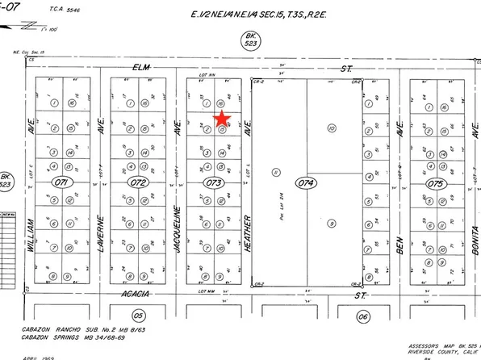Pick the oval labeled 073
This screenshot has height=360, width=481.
pyautogui.click(x=213, y=183)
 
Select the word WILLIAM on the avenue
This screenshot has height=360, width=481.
pyautogui.click(x=32, y=238)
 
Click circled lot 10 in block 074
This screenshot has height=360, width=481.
pyautogui.click(x=331, y=128)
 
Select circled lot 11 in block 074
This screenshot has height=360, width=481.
pyautogui.click(x=277, y=172)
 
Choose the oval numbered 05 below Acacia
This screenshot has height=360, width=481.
pyautogui.click(x=139, y=316)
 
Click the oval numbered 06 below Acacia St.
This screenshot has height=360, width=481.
pyautogui.click(x=364, y=316)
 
